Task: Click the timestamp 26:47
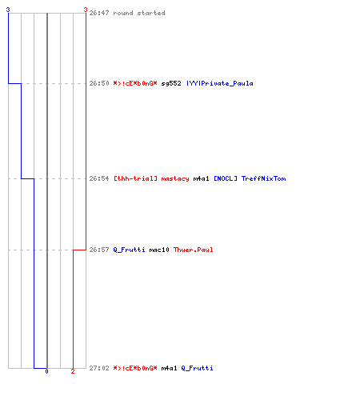(x=99, y=13)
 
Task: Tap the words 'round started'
(x=139, y=13)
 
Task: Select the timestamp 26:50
(x=99, y=83)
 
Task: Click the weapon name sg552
(x=171, y=83)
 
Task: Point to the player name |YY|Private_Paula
(x=220, y=83)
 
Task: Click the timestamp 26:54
(x=99, y=178)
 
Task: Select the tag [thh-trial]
(x=135, y=178)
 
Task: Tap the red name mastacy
(x=175, y=178)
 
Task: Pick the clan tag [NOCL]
(x=226, y=178)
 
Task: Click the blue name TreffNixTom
(x=263, y=178)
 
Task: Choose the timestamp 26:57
(x=99, y=250)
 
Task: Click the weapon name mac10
(x=159, y=250)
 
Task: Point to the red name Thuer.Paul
(x=193, y=250)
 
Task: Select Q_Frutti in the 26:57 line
(x=129, y=250)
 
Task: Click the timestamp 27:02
(x=99, y=368)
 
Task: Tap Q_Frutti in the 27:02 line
(x=197, y=368)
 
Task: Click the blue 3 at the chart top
(x=8, y=10)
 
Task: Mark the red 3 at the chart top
(x=86, y=10)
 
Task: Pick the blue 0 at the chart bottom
(x=46, y=371)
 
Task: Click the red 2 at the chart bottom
(x=73, y=371)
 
